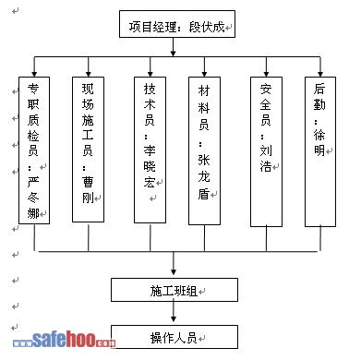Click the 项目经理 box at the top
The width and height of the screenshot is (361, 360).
(x=177, y=24)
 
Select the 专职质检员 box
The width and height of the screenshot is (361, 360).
(x=34, y=150)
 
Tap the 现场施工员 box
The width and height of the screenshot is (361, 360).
(x=88, y=150)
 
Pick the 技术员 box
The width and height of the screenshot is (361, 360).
(x=150, y=150)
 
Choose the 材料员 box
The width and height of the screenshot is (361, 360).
(x=204, y=150)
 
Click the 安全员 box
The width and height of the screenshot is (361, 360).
(x=266, y=151)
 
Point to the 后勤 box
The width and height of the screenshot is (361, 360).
(x=320, y=151)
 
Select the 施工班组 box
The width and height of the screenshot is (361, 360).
(x=174, y=290)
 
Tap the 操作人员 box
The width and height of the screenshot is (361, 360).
(x=174, y=337)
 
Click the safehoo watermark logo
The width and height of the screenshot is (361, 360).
(x=64, y=340)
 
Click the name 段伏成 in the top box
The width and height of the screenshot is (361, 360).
(x=207, y=27)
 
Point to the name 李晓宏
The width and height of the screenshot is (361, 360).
(x=150, y=166)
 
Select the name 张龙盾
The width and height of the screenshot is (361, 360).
(x=204, y=176)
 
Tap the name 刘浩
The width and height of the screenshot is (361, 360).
(x=266, y=159)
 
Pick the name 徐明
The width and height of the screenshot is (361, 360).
(x=319, y=142)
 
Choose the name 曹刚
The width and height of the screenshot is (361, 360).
(x=88, y=190)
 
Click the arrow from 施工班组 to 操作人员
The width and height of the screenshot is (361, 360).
(x=174, y=312)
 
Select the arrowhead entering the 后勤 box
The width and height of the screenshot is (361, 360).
(x=320, y=74)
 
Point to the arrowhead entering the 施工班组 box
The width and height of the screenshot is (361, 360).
(x=174, y=272)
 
